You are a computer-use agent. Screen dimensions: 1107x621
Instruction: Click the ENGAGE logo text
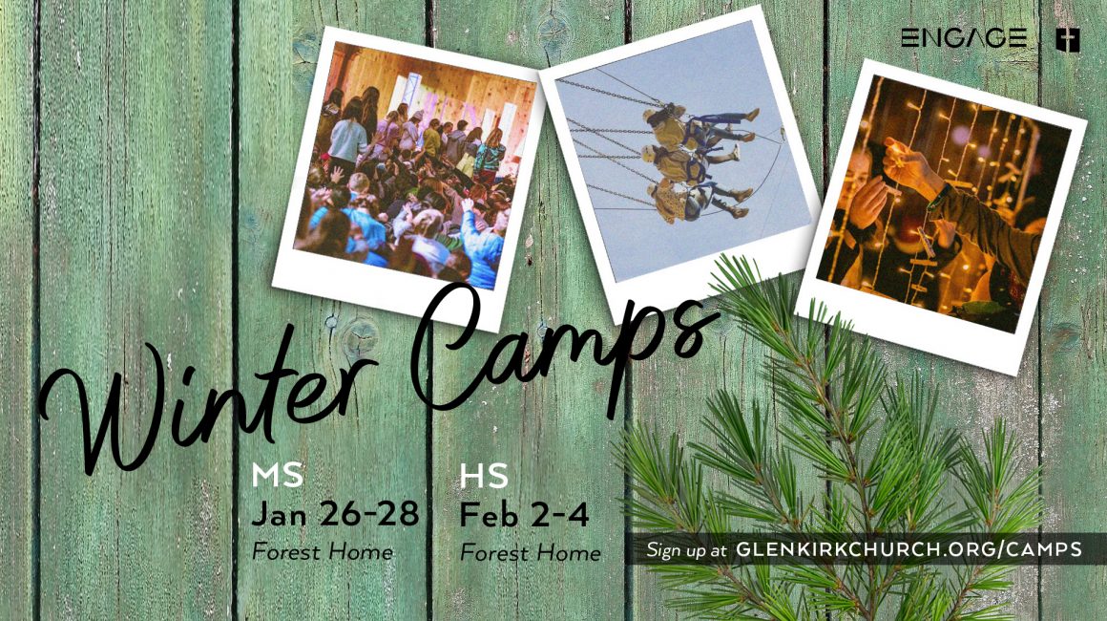coord(964,37)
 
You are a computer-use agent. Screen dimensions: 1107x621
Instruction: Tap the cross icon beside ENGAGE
coord(1068,39)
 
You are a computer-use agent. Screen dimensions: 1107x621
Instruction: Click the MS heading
coord(278,476)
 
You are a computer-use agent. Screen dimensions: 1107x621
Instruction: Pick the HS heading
coord(484,476)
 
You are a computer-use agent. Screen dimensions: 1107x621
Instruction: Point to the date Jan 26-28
coord(335,514)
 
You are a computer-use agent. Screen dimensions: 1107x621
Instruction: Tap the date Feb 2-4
coord(524,514)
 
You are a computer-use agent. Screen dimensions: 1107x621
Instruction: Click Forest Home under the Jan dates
coord(323,551)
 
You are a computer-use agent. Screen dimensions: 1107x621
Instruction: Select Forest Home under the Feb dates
coord(531,552)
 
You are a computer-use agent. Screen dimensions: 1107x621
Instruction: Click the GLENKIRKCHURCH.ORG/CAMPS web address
coord(909,549)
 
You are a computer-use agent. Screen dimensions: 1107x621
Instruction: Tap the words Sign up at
coord(686,550)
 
